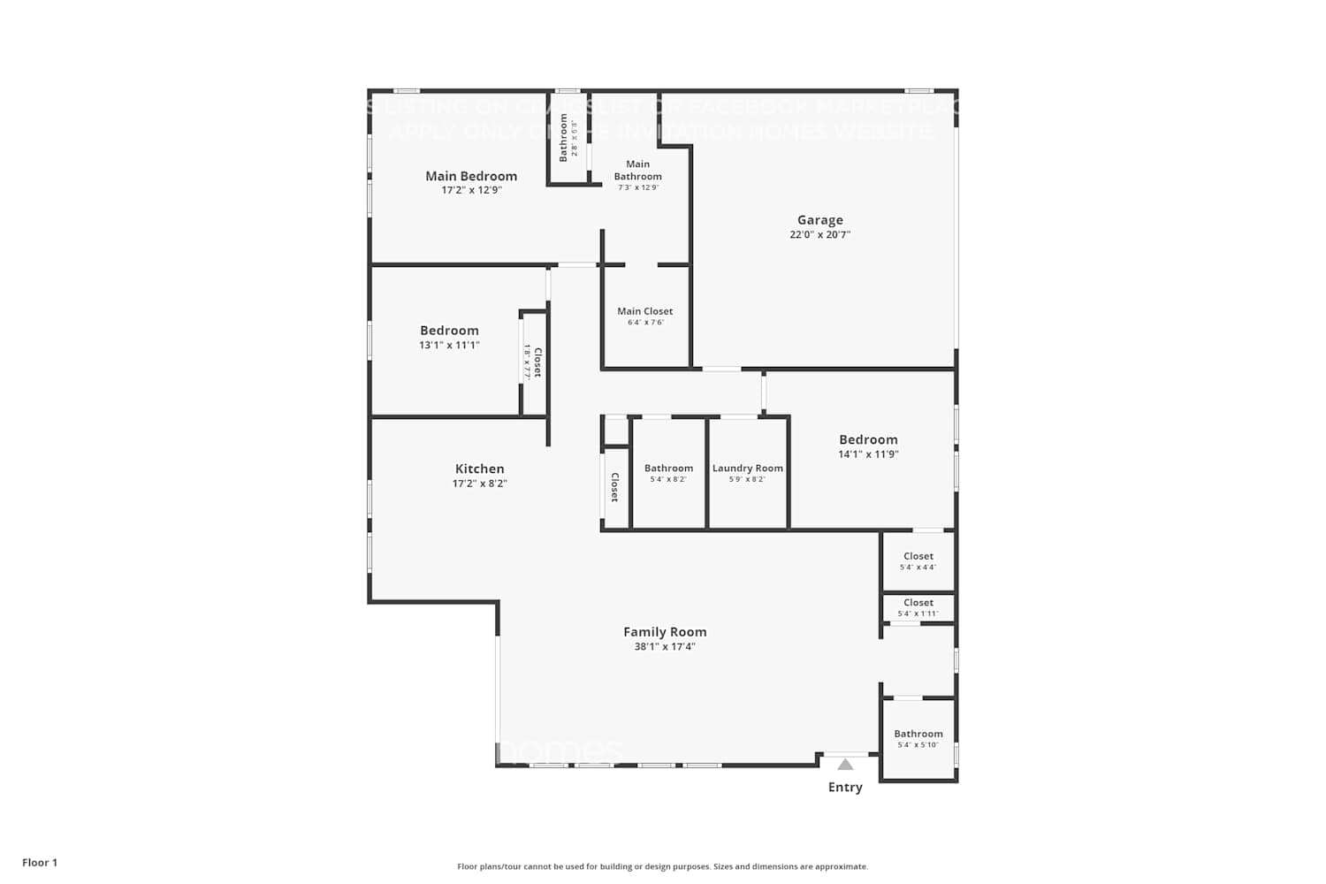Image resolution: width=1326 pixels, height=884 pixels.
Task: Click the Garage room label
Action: coord(819,220)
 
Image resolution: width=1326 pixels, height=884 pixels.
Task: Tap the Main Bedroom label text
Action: coord(471,176)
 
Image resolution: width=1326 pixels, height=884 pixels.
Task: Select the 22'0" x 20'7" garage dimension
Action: coord(819,235)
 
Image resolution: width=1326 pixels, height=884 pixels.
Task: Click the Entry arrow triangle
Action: coord(845,765)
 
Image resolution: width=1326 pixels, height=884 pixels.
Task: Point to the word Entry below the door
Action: coord(845,788)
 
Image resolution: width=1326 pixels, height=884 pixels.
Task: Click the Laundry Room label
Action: coord(747,469)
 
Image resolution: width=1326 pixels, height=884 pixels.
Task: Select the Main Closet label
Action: coord(644,311)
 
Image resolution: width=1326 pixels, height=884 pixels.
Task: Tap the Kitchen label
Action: coord(479,469)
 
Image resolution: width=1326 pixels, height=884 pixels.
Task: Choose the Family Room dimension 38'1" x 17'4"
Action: coord(665,647)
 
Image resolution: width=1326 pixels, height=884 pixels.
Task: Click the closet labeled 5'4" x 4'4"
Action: coord(918,561)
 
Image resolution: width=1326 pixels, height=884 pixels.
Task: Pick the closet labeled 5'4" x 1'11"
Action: coord(918,607)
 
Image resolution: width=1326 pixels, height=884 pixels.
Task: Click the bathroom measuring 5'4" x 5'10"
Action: coord(918,738)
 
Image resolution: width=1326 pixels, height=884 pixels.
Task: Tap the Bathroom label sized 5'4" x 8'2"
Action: coord(668,469)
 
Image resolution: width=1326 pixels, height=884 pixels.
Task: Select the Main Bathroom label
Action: coord(637,170)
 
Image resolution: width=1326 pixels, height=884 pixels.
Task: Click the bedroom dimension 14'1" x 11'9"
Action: coord(868,454)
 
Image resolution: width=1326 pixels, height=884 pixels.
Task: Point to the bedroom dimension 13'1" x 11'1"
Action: coord(449,346)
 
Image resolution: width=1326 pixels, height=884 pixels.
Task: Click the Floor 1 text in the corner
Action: coord(40,863)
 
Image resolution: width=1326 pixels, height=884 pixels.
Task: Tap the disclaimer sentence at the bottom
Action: coord(662,867)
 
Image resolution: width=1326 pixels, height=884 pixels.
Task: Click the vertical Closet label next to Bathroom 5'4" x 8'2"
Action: coord(614,487)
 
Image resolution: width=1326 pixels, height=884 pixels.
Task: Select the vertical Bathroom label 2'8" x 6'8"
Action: coord(564,137)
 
